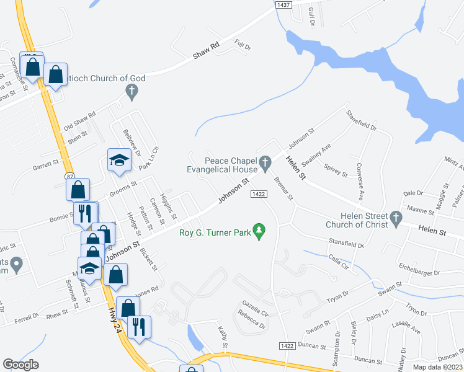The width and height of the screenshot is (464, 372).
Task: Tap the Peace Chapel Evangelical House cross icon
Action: pyautogui.click(x=265, y=164)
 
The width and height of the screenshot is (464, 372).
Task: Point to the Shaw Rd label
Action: pyautogui.click(x=207, y=51)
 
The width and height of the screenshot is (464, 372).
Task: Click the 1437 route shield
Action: pyautogui.click(x=283, y=4)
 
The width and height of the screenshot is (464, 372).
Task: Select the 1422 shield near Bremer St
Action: pyautogui.click(x=259, y=194)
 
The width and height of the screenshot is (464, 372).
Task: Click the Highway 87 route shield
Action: pyautogui.click(x=71, y=178)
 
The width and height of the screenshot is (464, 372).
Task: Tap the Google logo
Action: pyautogui.click(x=20, y=365)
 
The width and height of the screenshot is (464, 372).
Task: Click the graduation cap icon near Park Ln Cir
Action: pyautogui.click(x=119, y=161)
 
